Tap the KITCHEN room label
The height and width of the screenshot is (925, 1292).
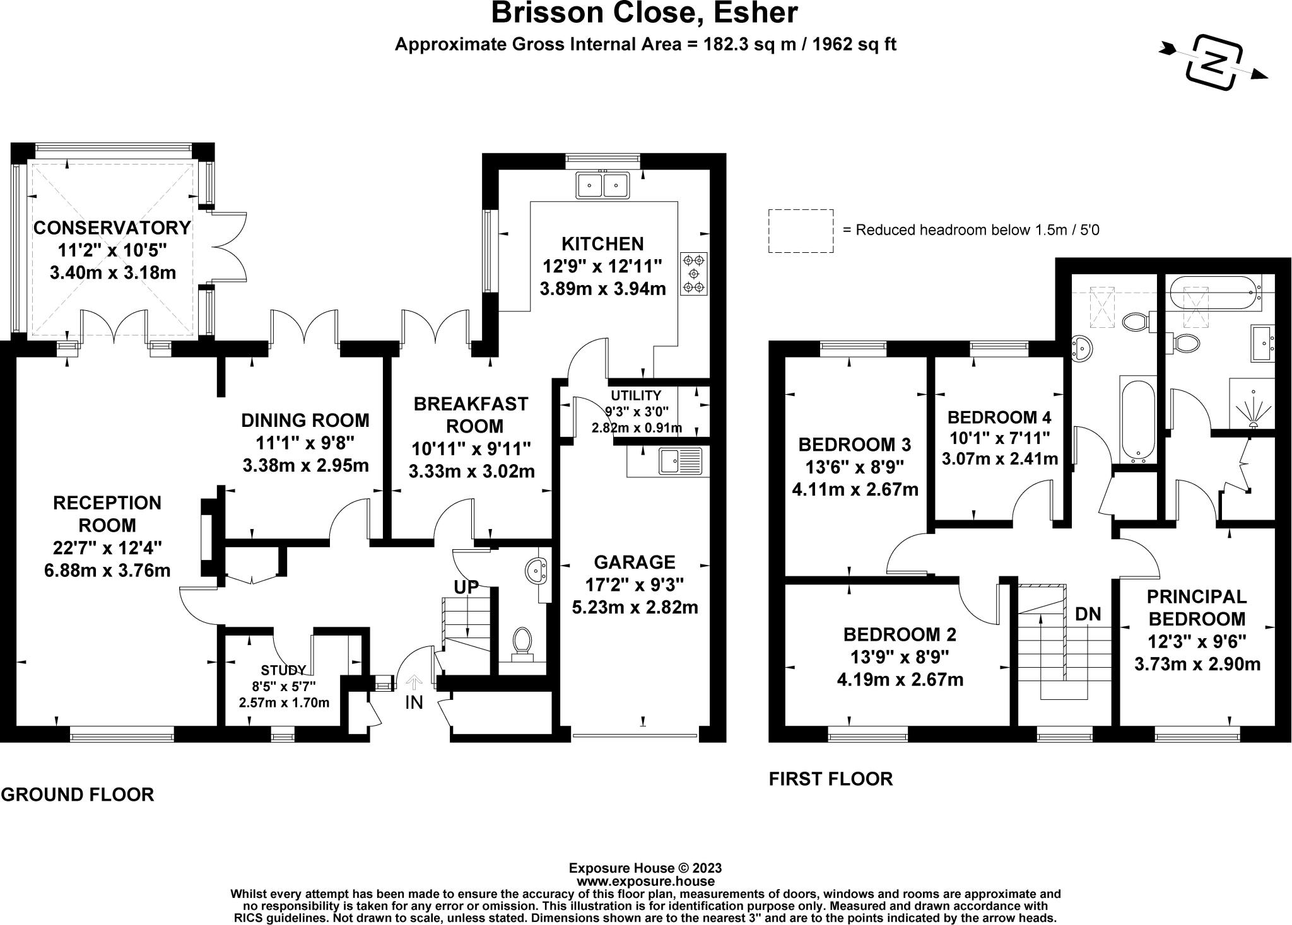coord(602,243)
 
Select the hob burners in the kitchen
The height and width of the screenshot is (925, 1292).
coord(694,274)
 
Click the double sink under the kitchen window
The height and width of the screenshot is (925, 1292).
coord(602,185)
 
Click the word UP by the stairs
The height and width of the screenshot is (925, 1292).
coord(466,587)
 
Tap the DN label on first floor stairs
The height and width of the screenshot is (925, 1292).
coord(1088,614)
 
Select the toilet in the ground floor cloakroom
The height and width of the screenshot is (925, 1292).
coord(522,642)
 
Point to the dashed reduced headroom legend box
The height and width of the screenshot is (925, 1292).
coord(801,231)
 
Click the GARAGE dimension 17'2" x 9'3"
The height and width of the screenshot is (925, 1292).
coord(635,585)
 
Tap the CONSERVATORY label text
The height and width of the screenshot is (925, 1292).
coord(112,227)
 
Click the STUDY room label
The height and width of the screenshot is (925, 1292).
coord(284,670)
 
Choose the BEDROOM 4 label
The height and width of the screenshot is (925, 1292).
coord(999,417)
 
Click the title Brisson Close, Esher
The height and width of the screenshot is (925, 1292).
coord(644,13)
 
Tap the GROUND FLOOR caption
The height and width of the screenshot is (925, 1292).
coord(78,794)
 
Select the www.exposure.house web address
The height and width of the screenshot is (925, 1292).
coord(645,881)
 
